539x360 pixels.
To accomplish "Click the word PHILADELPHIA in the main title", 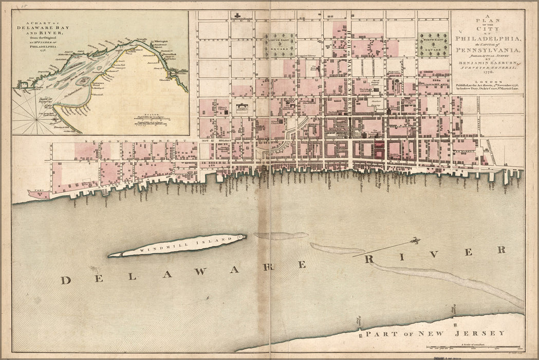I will [x=487, y=40].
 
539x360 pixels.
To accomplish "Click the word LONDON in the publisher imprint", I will [x=487, y=81].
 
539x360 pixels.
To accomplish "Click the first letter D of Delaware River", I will [x=66, y=280].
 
